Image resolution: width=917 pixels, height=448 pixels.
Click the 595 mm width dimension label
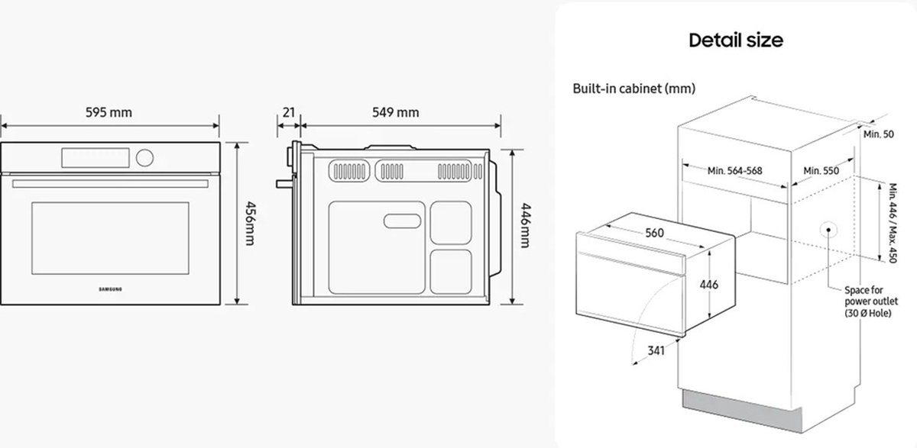point(111,113)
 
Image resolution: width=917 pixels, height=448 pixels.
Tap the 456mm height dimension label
point(248,224)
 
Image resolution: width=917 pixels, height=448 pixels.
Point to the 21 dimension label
point(289,113)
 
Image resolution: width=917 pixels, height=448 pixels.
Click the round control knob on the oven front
point(144,157)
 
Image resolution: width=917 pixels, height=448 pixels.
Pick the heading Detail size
point(736,40)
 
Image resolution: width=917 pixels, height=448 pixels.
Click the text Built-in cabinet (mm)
point(634,89)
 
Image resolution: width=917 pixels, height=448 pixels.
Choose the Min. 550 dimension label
point(821,171)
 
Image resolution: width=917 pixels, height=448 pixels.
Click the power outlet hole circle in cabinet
point(828,230)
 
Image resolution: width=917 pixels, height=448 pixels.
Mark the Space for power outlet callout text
point(869,301)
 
